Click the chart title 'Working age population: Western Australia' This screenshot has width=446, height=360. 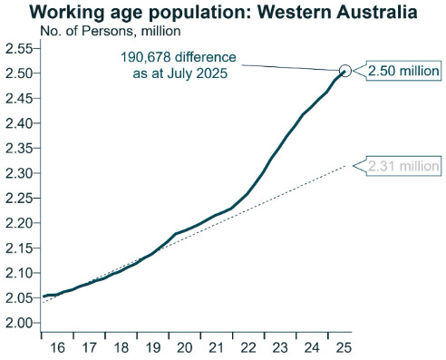224,13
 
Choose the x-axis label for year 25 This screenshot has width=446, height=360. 342,346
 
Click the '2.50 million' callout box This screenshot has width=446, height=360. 402,71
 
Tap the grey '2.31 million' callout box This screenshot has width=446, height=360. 402,166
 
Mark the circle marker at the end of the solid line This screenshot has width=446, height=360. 345,71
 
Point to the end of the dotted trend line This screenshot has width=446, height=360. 346,166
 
